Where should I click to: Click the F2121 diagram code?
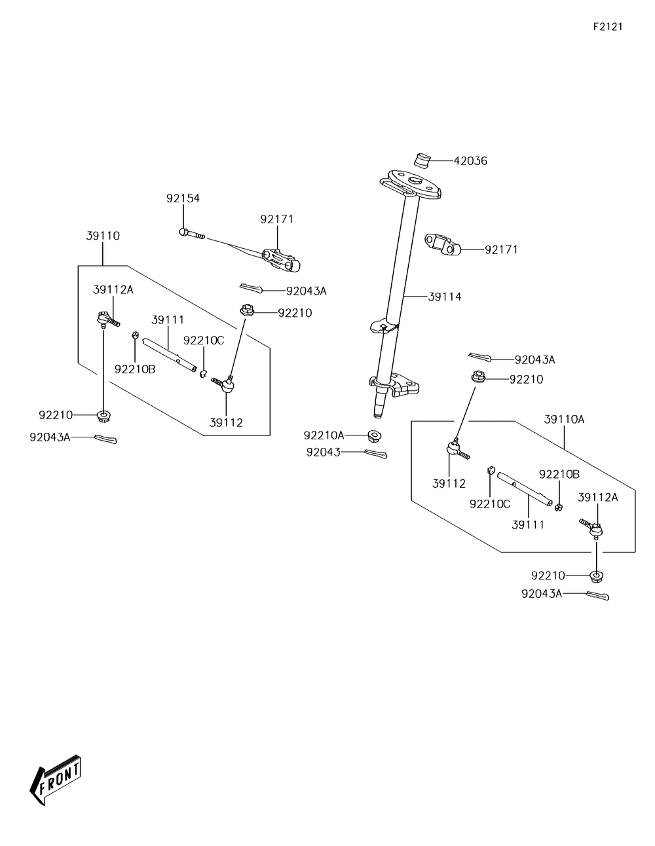tap(608, 27)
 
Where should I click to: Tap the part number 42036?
tap(470, 161)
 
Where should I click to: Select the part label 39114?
tap(445, 297)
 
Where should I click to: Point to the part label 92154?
tap(183, 198)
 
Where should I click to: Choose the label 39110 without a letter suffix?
tap(103, 236)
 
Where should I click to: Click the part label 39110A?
tap(564, 420)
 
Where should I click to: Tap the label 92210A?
tap(324, 435)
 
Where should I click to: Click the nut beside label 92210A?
tap(374, 436)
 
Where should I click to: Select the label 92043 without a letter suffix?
tap(323, 452)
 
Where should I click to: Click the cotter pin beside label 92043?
tap(375, 454)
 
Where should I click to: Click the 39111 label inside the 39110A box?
tap(528, 524)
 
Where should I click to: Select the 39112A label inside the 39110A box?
tap(597, 498)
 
